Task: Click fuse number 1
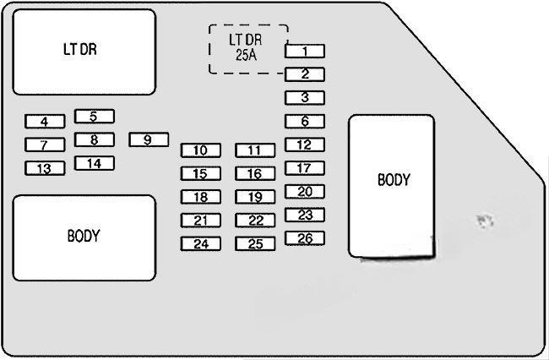coord(305,52)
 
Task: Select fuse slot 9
coord(149,140)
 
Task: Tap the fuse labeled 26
coord(305,238)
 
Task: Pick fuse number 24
coord(200,244)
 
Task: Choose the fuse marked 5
coord(94,117)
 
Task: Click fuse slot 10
coord(200,150)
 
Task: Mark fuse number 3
coord(305,98)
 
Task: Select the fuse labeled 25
coord(255,244)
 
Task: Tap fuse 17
coord(305,168)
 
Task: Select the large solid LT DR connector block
coord(84,52)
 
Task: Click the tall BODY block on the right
coord(392,184)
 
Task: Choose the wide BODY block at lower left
coord(84,238)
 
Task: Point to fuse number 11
coord(255,150)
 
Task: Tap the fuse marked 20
coord(305,192)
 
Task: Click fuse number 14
coord(94,163)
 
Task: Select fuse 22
coord(255,221)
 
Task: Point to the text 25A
coord(247,57)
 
